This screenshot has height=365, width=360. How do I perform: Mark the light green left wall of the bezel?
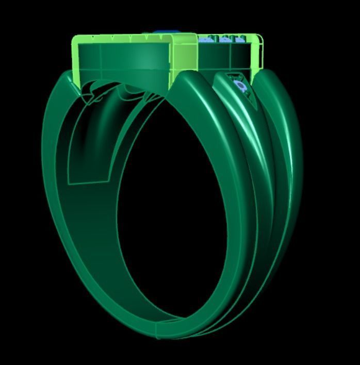tap(76, 59)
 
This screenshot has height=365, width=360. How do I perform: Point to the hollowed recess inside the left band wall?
tap(93, 139)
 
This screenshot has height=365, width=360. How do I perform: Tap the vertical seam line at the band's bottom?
tap(157, 329)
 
